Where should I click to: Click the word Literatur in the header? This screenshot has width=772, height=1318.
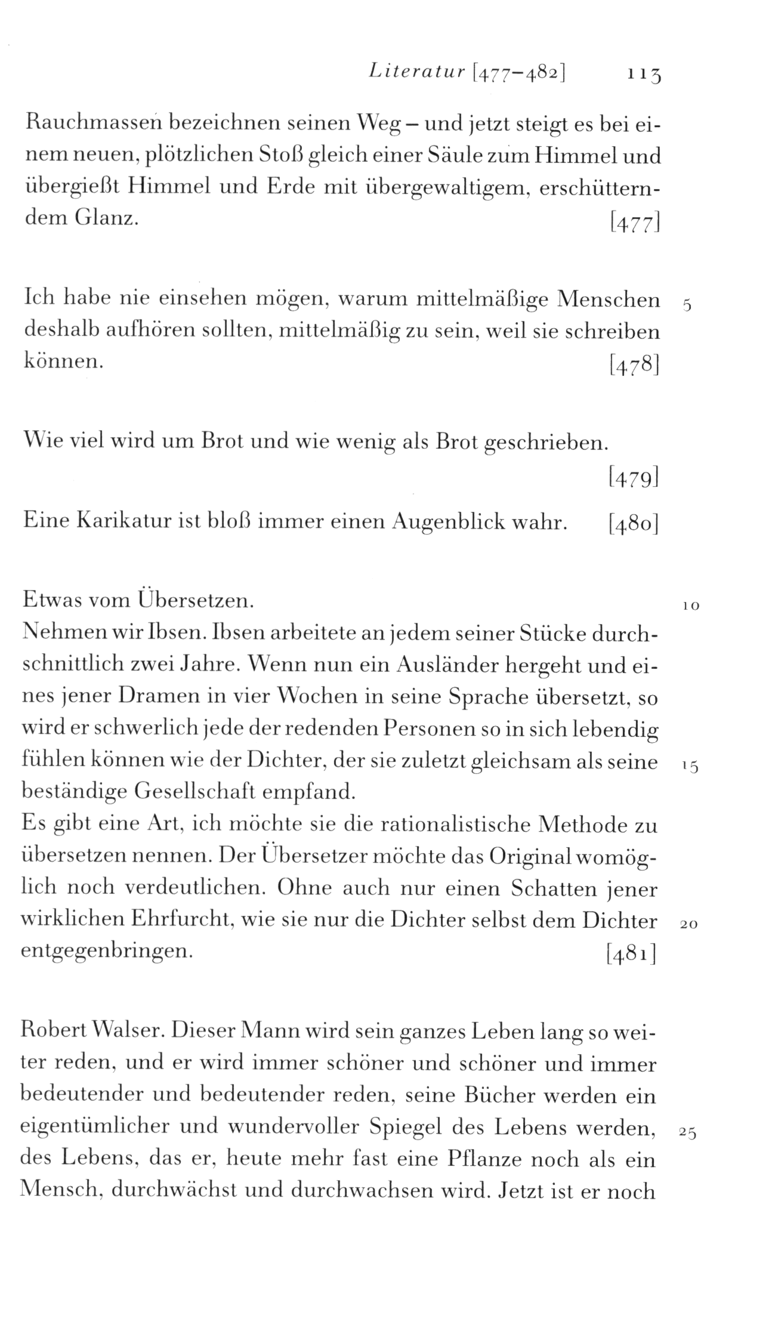[416, 72]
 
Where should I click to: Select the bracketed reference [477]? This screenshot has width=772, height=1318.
[634, 223]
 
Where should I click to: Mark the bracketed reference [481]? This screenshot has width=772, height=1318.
[631, 955]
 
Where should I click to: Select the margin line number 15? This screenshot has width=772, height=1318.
[690, 768]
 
